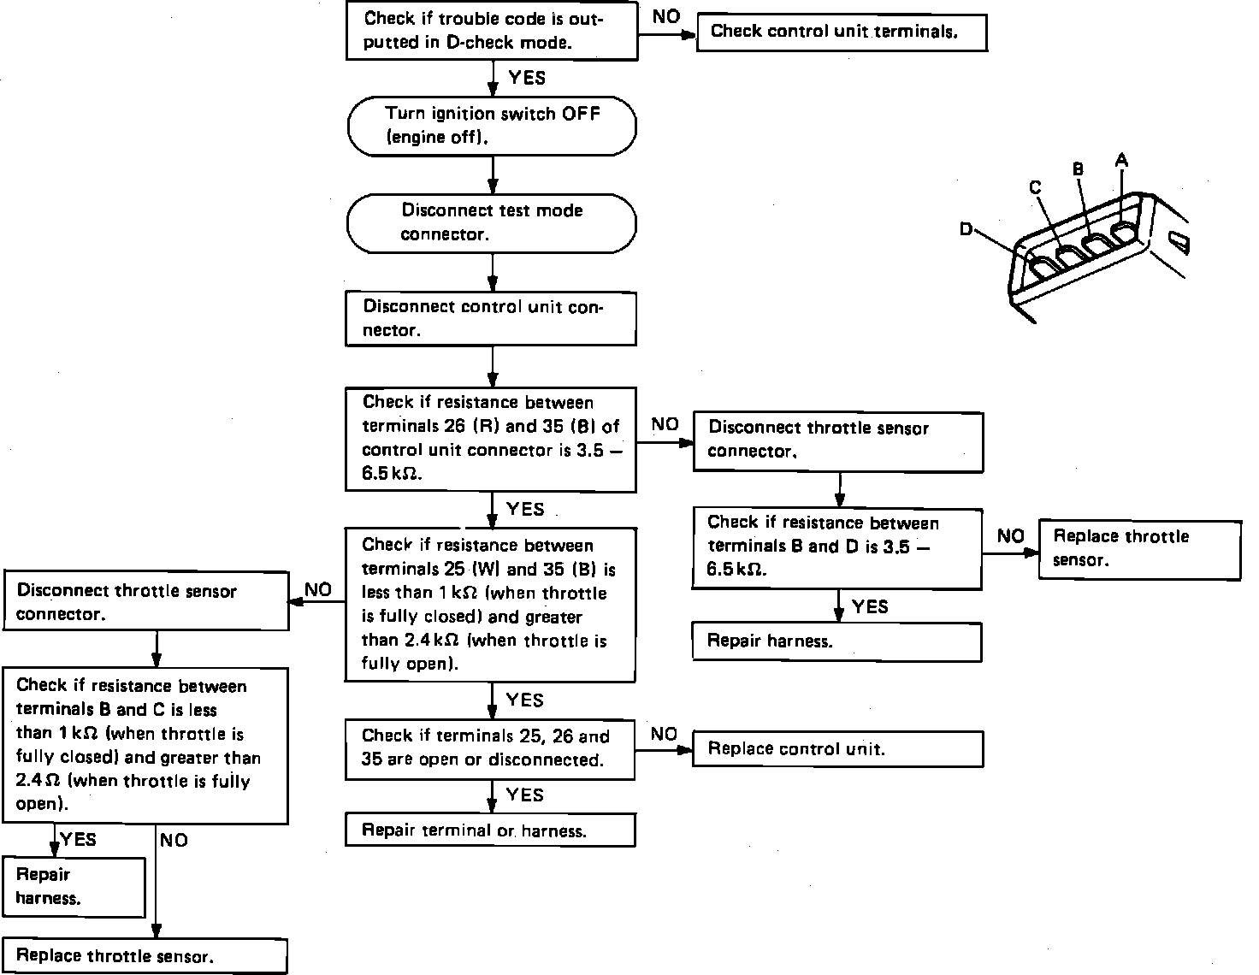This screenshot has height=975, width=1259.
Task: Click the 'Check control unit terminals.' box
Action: pyautogui.click(x=842, y=32)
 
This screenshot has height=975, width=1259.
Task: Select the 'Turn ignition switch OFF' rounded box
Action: pyautogui.click(x=492, y=126)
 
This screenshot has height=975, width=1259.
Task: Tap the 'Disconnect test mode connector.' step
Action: pyautogui.click(x=492, y=222)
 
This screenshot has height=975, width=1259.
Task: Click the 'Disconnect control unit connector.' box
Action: pyautogui.click(x=490, y=318)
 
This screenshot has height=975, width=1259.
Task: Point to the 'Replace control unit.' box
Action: pyautogui.click(x=837, y=749)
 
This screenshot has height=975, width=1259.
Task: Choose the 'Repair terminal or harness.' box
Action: pyautogui.click(x=490, y=830)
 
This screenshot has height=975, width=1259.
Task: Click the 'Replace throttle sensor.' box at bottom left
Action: pyautogui.click(x=144, y=956)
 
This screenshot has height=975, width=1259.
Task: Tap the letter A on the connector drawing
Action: pyautogui.click(x=1121, y=160)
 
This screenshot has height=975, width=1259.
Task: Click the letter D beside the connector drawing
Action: pyautogui.click(x=966, y=229)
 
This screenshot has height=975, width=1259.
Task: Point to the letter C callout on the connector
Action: pyautogui.click(x=1035, y=187)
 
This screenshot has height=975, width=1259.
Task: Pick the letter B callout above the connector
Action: pyautogui.click(x=1078, y=169)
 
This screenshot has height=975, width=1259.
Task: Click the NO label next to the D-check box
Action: pyautogui.click(x=665, y=17)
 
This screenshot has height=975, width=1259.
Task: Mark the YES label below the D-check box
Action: pyautogui.click(x=526, y=79)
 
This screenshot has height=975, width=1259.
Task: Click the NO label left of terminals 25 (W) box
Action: pyautogui.click(x=317, y=589)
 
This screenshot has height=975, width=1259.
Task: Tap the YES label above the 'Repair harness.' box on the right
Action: pyautogui.click(x=870, y=607)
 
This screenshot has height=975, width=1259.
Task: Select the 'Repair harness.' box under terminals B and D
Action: pyautogui.click(x=836, y=642)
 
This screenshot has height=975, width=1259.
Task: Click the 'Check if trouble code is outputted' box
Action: pyautogui.click(x=492, y=31)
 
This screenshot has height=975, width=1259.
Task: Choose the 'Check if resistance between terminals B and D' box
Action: pyautogui.click(x=836, y=547)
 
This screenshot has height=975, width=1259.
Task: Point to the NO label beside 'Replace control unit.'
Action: pyautogui.click(x=664, y=735)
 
